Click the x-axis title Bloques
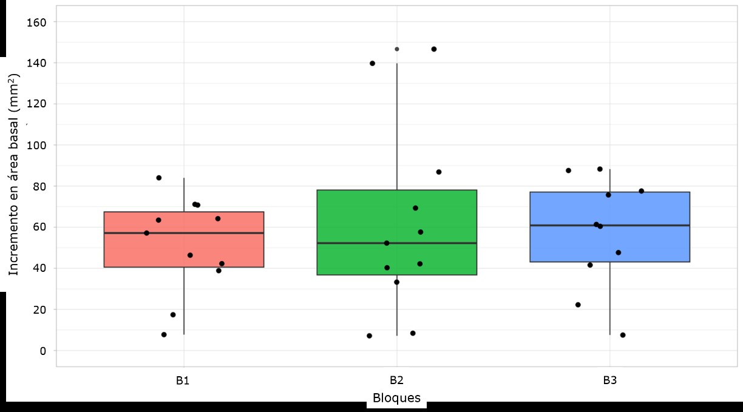point(396,399)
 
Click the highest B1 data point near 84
point(159,178)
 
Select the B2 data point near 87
point(439,172)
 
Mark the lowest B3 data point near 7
point(623,335)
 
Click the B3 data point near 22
point(578,305)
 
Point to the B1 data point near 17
point(173,315)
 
